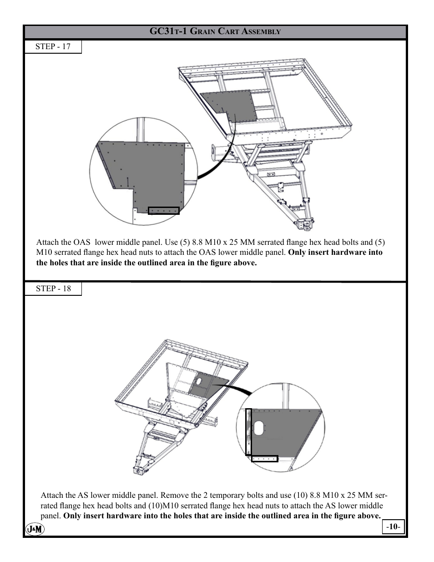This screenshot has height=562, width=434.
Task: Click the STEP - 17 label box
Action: [53, 46]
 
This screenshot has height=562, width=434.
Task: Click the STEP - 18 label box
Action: [53, 289]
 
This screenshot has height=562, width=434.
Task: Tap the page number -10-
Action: [393, 527]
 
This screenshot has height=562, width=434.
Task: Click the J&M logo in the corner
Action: [35, 529]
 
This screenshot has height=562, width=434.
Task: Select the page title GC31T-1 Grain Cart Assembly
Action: [215, 31]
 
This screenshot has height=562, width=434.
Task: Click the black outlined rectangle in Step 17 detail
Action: [164, 211]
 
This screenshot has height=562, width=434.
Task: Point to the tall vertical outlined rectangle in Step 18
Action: [248, 431]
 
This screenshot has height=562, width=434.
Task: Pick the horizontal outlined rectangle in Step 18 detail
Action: [264, 459]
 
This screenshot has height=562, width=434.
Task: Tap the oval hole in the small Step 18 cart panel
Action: [199, 380]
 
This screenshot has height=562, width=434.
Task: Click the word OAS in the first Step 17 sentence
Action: [82, 243]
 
